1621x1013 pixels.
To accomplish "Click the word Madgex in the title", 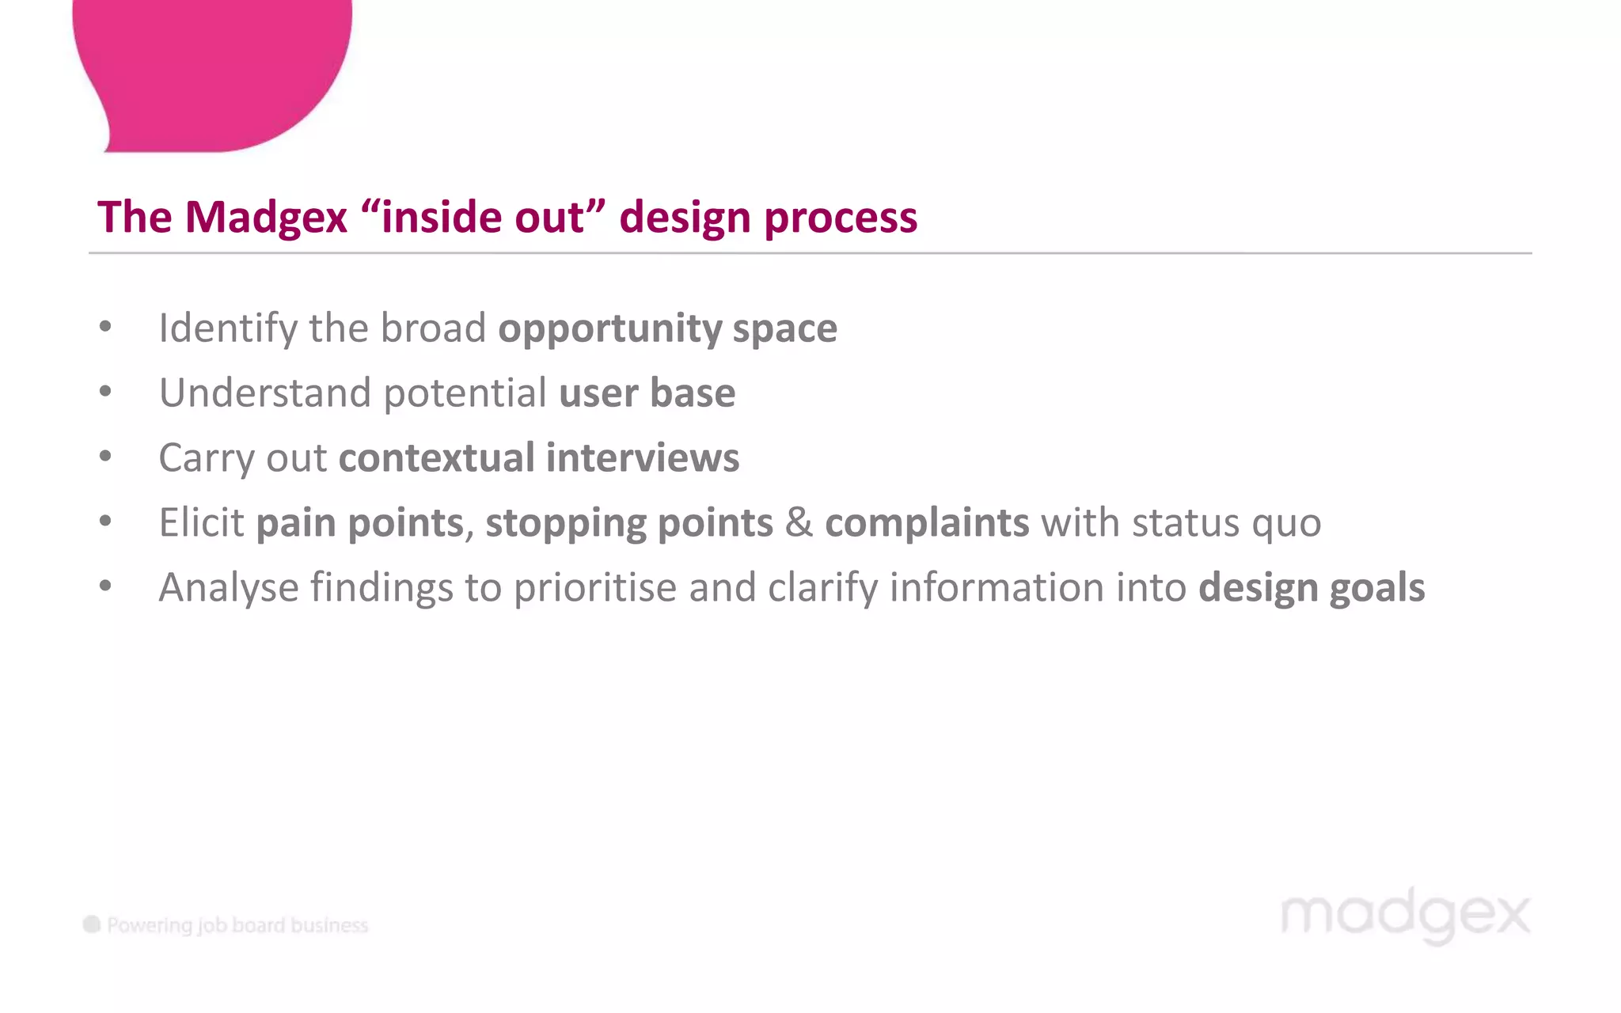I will pos(266,218).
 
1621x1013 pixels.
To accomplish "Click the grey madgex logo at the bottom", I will pos(1406,916).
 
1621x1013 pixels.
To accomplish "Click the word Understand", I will pos(265,393).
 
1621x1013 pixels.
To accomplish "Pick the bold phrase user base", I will pos(647,393).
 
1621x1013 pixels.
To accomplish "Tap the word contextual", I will pos(437,458).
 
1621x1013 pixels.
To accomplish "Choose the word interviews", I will pos(643,458).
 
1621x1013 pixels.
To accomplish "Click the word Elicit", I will pos(202,523).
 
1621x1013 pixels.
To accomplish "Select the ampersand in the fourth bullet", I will pos(799,523).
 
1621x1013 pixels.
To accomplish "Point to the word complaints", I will pos(927,523).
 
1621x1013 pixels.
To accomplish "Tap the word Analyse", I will pos(229,588).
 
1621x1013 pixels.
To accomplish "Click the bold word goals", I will pos(1377,588).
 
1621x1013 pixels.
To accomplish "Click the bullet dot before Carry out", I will pos(105,457).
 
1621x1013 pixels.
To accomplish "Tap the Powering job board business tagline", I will pos(237,925).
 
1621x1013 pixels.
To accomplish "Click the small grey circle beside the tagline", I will pos(92,924).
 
